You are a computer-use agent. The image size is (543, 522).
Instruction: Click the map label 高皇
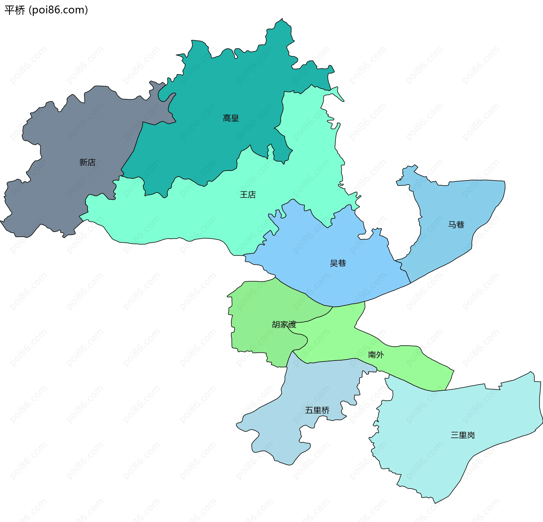[x=231, y=118]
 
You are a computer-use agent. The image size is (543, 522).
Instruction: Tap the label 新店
[x=87, y=162]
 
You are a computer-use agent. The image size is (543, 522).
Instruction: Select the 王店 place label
[x=248, y=195]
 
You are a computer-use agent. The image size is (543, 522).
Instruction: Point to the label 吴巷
[x=338, y=263]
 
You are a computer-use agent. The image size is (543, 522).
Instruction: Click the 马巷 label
[x=456, y=225]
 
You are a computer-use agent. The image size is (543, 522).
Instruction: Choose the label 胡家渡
[x=284, y=324]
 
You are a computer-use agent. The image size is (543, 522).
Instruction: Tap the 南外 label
[x=376, y=355]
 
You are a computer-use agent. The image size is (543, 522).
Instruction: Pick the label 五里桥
[x=317, y=410]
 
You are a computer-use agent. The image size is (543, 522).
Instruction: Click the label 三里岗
[x=462, y=435]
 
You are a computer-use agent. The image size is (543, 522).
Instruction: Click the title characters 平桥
[x=15, y=10]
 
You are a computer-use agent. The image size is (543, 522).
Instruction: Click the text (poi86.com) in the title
[x=59, y=10]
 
